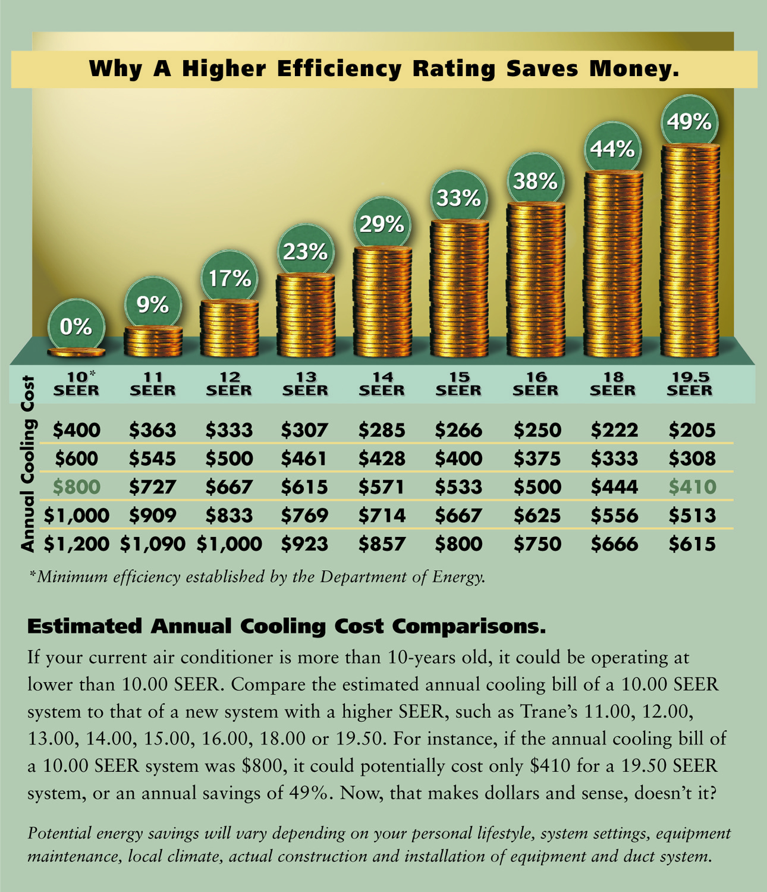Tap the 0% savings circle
pyautogui.click(x=76, y=326)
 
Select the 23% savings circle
pyautogui.click(x=305, y=252)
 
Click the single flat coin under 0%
pyautogui.click(x=76, y=352)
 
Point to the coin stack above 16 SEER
pyautogui.click(x=536, y=279)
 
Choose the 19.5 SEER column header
pyautogui.click(x=689, y=384)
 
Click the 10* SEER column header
pyautogui.click(x=76, y=384)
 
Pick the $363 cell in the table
pyautogui.click(x=153, y=430)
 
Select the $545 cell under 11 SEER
pyautogui.click(x=153, y=458)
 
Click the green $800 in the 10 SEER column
pyautogui.click(x=76, y=487)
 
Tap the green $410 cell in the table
pyautogui.click(x=692, y=487)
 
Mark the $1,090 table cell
pyautogui.click(x=153, y=544)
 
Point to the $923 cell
pyautogui.click(x=305, y=544)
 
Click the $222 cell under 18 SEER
pyautogui.click(x=614, y=430)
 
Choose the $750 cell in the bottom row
pyautogui.click(x=537, y=544)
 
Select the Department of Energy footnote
pyautogui.click(x=257, y=577)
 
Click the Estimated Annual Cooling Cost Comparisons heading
pyautogui.click(x=286, y=626)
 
